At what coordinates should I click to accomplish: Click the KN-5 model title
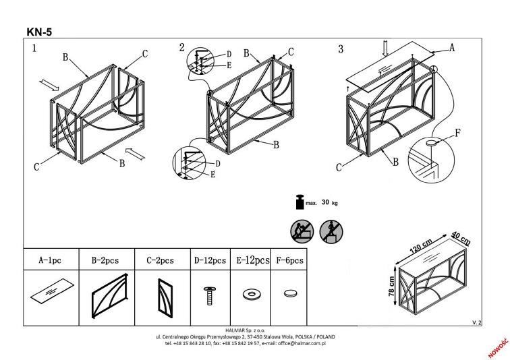click(x=38, y=31)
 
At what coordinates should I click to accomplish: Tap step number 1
click(x=34, y=49)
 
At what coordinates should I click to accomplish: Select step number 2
click(x=181, y=47)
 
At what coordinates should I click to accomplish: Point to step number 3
click(x=341, y=49)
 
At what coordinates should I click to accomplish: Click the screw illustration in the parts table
click(x=209, y=294)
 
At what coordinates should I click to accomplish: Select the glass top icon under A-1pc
click(x=50, y=292)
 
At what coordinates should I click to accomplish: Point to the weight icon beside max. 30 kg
click(x=297, y=202)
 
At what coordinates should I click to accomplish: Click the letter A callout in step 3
click(x=452, y=48)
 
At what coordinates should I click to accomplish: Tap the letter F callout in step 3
click(x=459, y=133)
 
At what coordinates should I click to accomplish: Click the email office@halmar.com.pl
click(x=295, y=342)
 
